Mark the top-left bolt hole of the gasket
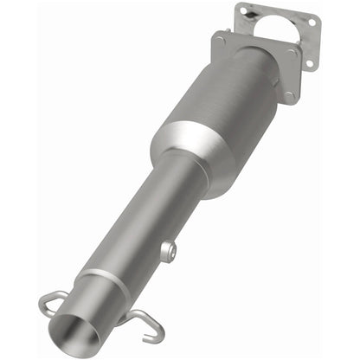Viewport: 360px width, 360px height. coord(245,11)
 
